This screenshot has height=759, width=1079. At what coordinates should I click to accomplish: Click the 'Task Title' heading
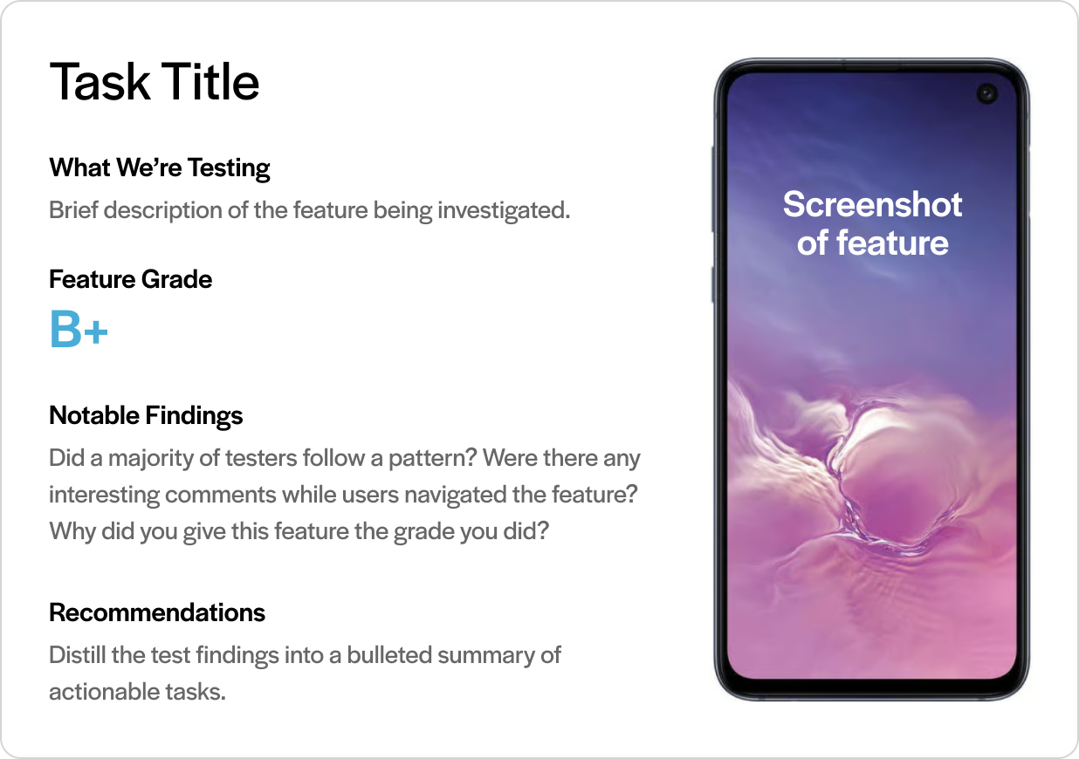point(155,82)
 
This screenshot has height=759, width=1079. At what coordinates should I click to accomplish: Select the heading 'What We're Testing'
point(160,168)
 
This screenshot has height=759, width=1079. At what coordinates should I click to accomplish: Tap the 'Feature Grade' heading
point(131,279)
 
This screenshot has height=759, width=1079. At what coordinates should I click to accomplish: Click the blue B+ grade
point(79,329)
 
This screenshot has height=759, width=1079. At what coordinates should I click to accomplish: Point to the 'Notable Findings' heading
point(146,415)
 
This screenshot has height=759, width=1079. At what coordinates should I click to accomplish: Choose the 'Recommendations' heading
point(157,612)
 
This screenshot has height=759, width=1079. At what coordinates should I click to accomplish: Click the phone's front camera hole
point(987,93)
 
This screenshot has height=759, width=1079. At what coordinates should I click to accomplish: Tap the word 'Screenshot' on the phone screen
point(872,204)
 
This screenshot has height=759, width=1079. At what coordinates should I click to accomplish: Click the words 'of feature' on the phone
point(872,243)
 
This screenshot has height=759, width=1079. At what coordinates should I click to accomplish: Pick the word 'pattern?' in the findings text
point(433,458)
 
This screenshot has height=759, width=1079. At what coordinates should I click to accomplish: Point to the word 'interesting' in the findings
point(104,495)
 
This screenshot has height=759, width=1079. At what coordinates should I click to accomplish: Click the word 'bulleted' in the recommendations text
point(389,655)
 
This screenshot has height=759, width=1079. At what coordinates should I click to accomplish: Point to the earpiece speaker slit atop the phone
point(872,64)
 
